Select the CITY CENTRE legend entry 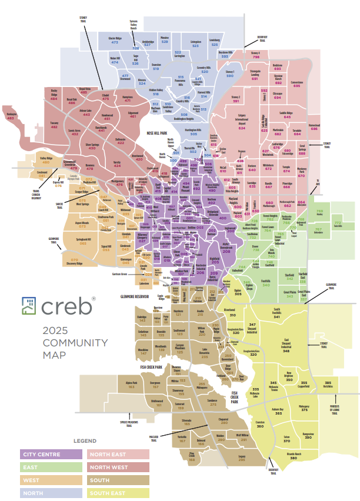(x=50, y=455)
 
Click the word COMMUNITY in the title (x=75, y=343)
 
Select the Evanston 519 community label (x=156, y=67)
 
